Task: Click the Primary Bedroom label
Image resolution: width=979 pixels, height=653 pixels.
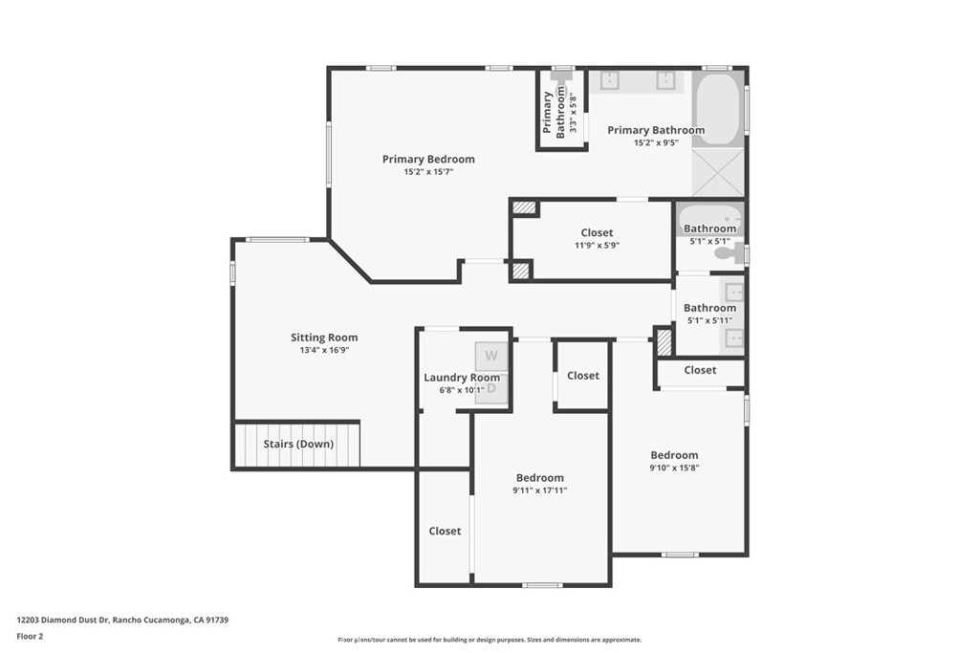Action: click(x=428, y=160)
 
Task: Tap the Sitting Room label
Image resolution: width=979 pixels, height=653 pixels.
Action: click(x=324, y=337)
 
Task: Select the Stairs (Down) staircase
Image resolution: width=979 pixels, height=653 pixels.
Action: click(x=297, y=445)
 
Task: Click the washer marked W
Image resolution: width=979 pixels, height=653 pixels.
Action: click(x=491, y=356)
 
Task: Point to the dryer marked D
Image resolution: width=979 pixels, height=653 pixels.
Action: click(x=491, y=388)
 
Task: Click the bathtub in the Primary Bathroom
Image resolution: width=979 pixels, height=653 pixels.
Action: click(x=717, y=109)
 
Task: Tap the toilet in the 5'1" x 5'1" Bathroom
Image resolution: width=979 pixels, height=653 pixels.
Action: click(x=727, y=252)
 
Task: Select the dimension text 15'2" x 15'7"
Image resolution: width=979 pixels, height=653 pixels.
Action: click(x=428, y=172)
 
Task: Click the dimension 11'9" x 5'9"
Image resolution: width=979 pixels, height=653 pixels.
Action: click(x=597, y=246)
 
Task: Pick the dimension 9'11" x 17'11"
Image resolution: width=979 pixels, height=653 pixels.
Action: click(x=540, y=490)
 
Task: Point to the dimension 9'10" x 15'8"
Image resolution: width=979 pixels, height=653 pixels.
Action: click(x=674, y=468)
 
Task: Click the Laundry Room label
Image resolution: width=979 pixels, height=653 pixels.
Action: click(x=462, y=378)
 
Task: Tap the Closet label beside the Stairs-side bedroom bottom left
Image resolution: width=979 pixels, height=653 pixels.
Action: click(x=445, y=532)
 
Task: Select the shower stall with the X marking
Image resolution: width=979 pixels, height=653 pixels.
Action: click(x=718, y=172)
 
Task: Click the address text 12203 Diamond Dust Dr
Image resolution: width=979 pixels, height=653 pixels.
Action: click(x=63, y=620)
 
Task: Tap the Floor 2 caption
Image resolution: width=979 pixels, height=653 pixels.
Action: click(x=30, y=637)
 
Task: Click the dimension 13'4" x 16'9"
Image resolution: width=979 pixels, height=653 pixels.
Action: click(x=324, y=350)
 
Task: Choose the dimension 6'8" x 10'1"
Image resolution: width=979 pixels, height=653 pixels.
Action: click(x=462, y=390)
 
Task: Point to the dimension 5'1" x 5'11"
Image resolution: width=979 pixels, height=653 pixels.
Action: click(x=710, y=320)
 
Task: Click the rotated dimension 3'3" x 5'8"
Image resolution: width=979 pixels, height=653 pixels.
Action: click(x=574, y=113)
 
